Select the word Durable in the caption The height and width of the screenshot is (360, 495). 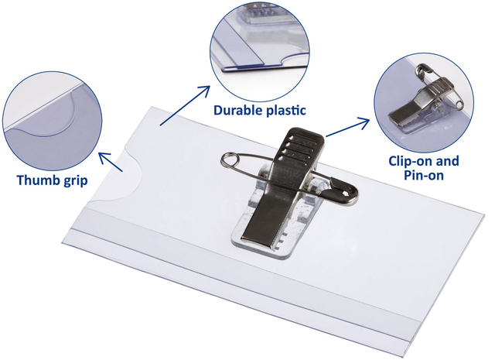pos(237,110)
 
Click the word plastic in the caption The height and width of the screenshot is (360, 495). pos(285,110)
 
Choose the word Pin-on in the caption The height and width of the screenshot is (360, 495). pos(424,175)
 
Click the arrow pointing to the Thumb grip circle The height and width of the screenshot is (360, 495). pos(111,162)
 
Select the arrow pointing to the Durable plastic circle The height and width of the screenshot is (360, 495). pos(185,105)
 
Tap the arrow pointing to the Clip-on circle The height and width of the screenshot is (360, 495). pos(347,128)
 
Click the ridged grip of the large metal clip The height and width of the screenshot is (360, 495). pos(299,147)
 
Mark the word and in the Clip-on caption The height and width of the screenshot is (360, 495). pos(447,161)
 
